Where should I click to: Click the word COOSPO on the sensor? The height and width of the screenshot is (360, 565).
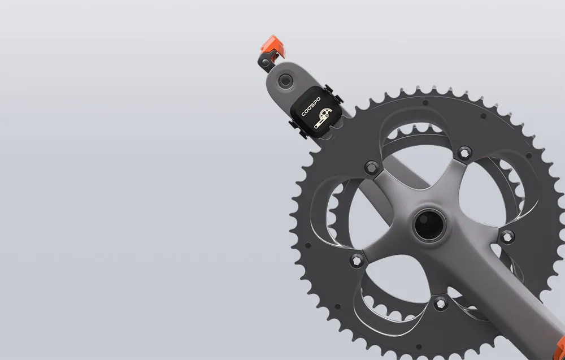pos(311,107)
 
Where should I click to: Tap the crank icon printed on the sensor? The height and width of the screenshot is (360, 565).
pos(323,118)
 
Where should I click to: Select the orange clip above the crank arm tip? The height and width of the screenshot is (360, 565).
pos(273,47)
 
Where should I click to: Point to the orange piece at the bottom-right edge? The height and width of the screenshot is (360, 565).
pos(560,348)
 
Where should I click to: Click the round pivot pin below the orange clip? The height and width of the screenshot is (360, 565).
pos(265,62)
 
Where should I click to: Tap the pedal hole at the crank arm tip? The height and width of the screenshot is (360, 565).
pos(285,80)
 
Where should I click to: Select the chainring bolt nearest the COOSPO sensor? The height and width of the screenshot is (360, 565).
pos(372,168)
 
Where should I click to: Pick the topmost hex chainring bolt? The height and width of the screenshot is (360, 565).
pos(464,153)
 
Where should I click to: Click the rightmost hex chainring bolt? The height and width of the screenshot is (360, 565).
pos(507,237)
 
